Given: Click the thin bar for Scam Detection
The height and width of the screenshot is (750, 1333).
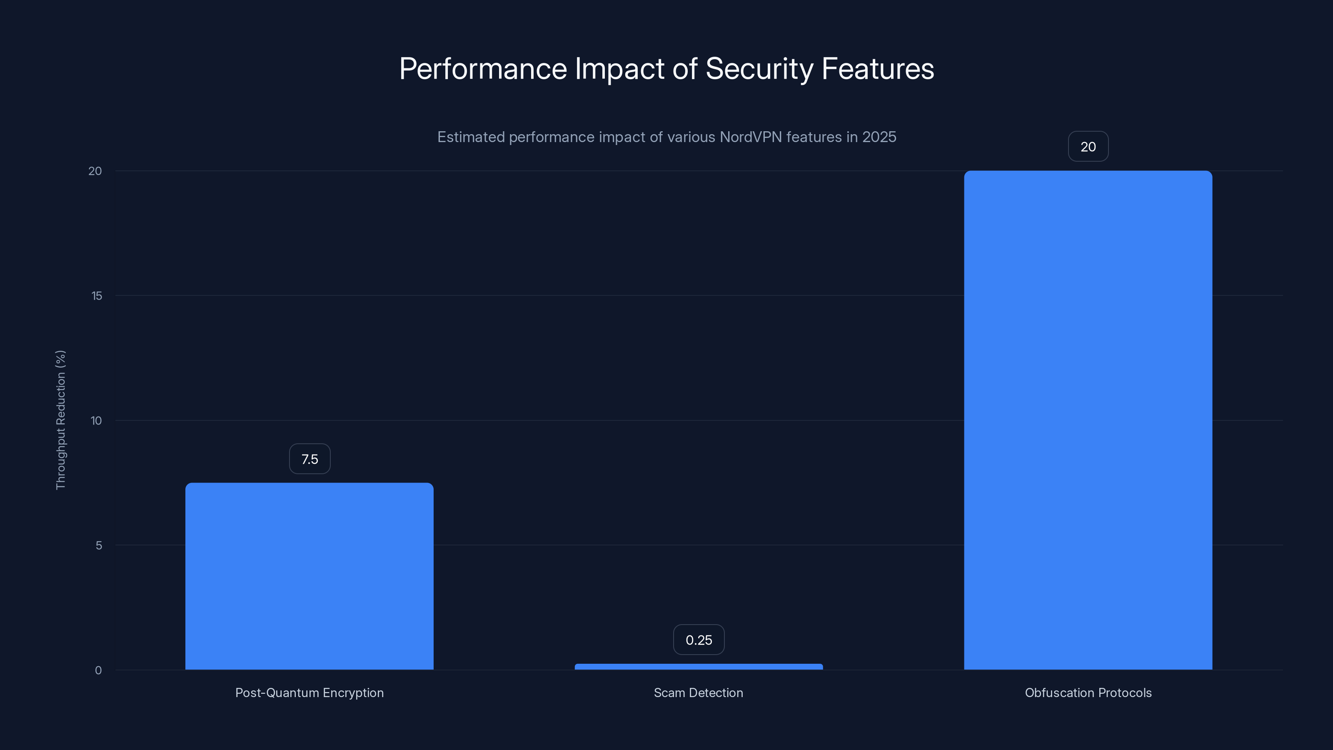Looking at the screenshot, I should pos(699,667).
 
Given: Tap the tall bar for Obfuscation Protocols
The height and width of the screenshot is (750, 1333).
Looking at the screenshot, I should pos(1088,420).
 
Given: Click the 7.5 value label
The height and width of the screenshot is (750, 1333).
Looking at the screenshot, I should pos(310,459).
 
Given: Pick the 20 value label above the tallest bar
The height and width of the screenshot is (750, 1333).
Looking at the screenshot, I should pos(1088,147).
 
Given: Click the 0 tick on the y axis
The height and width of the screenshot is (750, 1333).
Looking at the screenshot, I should pos(98,670).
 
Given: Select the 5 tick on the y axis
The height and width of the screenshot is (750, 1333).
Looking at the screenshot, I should pos(98,545).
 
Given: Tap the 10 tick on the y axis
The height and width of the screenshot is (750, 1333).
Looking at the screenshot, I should pos(96,420).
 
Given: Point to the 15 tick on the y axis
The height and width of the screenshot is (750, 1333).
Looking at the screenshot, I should pos(97,295).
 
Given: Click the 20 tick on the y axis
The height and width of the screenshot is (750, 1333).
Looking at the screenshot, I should pos(95,171).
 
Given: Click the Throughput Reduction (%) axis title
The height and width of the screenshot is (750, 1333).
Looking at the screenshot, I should pos(60,420).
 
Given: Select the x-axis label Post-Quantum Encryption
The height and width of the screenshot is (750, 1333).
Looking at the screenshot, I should pos(310,692).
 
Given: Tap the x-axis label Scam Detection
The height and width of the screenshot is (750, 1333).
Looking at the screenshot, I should pos(698,692).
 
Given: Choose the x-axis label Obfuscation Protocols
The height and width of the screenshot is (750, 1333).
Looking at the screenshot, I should pos(1088,692).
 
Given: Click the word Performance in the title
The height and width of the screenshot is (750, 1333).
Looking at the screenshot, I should pos(483,69).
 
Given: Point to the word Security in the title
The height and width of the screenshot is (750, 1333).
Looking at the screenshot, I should pos(759,69).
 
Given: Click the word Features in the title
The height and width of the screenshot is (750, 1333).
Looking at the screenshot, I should pos(878,69).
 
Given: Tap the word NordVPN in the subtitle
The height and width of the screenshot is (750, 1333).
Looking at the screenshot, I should pos(750,137).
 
